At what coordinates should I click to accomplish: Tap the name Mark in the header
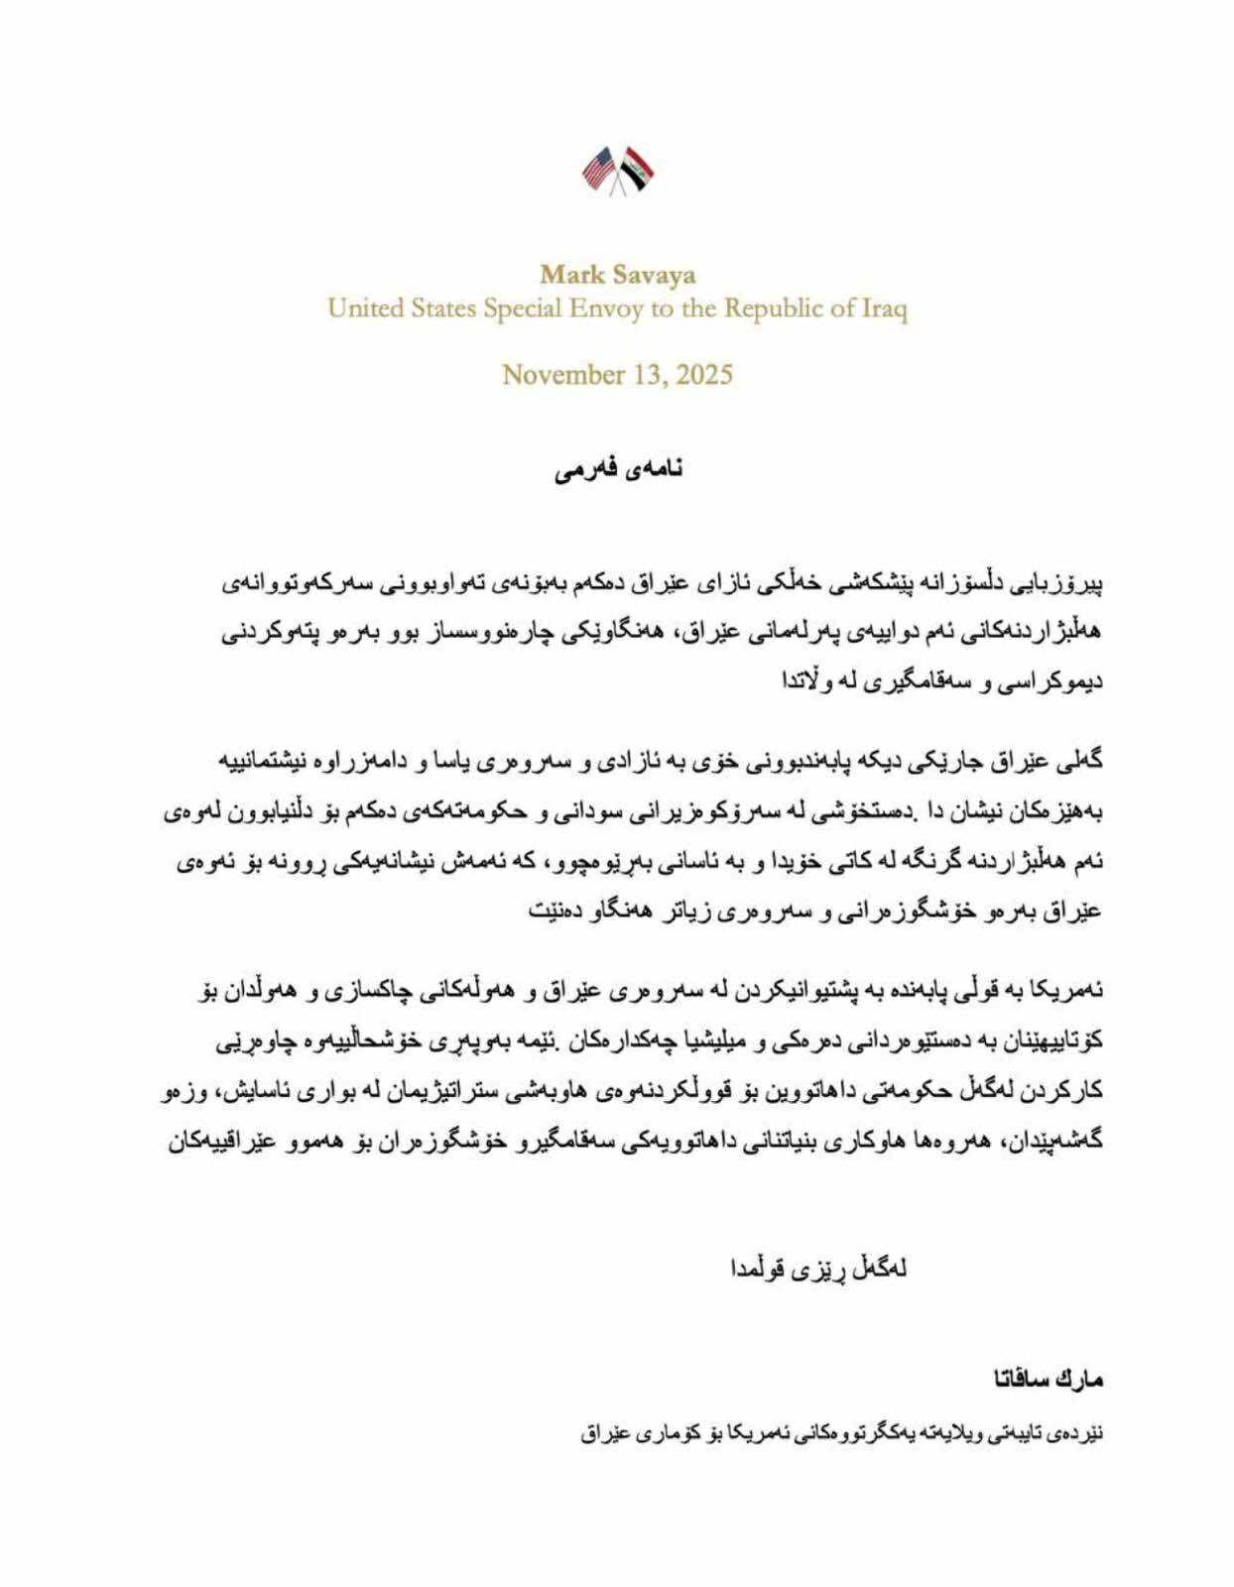[x=567, y=274]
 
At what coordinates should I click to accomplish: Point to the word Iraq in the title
[x=882, y=308]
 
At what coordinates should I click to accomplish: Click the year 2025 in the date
[x=701, y=375]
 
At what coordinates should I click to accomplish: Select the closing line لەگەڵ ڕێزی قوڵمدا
[x=819, y=1269]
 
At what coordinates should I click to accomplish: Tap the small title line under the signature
[x=842, y=1434]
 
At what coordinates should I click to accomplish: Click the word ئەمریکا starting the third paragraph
[x=1073, y=991]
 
